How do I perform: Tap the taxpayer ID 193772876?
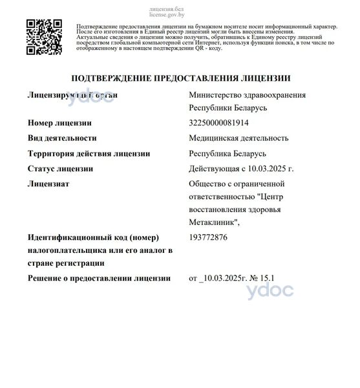click(208, 238)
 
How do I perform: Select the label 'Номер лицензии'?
click(59, 122)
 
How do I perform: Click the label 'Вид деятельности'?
click(62, 138)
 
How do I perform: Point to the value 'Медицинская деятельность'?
click(238, 138)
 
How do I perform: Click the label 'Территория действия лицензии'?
click(89, 153)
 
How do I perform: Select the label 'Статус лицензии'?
click(61, 169)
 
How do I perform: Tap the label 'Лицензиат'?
click(48, 184)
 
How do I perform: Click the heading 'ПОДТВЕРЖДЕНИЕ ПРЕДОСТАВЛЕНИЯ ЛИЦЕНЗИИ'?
click(180, 78)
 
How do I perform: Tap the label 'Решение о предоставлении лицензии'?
click(99, 278)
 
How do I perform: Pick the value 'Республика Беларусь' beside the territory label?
click(228, 153)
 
